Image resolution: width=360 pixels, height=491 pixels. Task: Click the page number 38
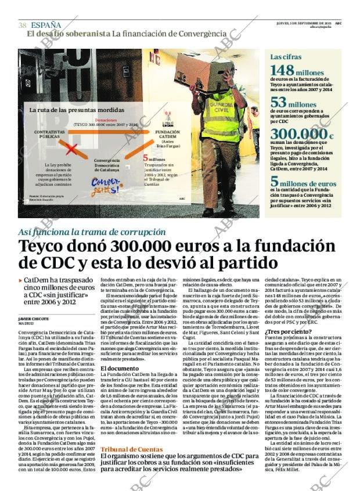23,25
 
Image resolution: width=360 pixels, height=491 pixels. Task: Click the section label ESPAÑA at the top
46,25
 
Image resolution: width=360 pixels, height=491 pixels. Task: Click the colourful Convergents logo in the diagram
106,186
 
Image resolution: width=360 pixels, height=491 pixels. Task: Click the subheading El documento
120,368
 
